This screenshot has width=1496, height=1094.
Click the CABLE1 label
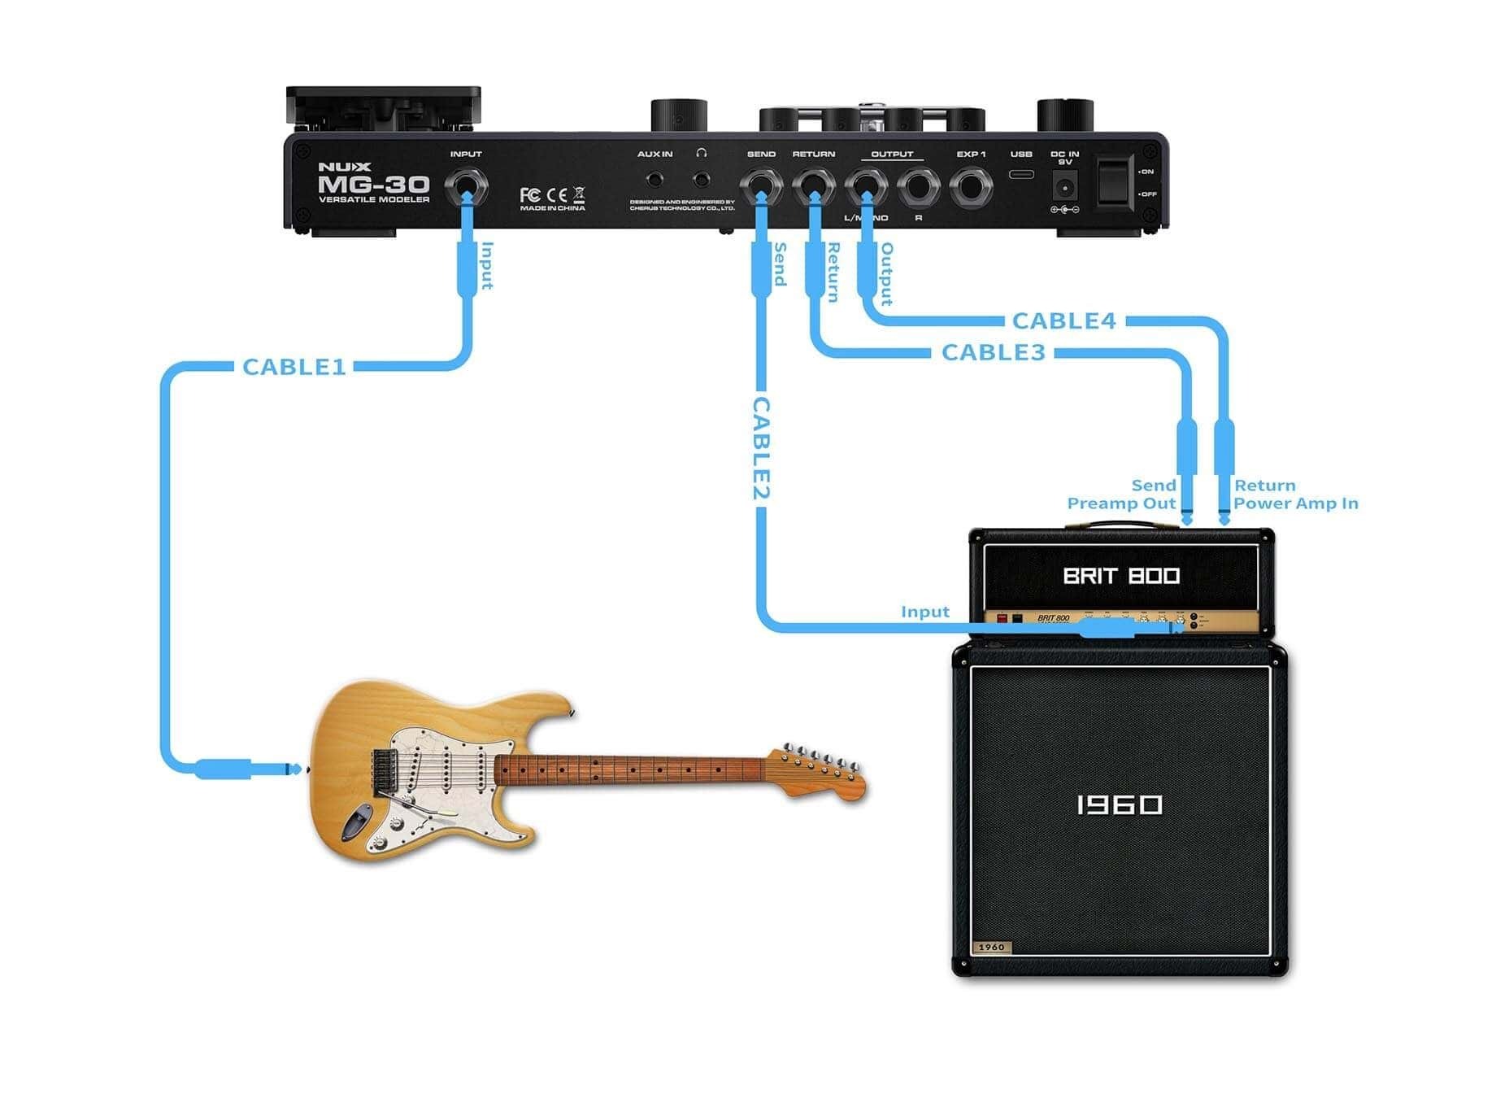(x=294, y=367)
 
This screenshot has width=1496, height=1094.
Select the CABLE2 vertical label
(x=761, y=447)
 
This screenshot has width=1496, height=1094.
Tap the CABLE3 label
(x=993, y=352)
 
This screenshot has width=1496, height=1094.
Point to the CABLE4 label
(x=1063, y=320)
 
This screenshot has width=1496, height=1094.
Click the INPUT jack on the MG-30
(x=466, y=188)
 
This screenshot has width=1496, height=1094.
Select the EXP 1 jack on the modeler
(x=971, y=187)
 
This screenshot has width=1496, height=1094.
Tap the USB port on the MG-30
(x=1021, y=174)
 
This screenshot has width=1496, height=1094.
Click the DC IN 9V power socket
(x=1064, y=189)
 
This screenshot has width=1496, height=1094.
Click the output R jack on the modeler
(x=919, y=188)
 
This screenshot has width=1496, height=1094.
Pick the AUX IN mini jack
(x=654, y=180)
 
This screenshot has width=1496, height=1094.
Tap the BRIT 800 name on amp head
(x=1121, y=576)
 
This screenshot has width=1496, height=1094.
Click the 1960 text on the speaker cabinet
(x=1120, y=805)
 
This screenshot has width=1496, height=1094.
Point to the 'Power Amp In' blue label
(x=1295, y=503)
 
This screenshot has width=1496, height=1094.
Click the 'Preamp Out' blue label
(x=1121, y=503)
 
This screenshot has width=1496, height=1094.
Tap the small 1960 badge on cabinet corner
(x=991, y=947)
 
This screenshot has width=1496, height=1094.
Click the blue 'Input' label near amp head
(x=924, y=612)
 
